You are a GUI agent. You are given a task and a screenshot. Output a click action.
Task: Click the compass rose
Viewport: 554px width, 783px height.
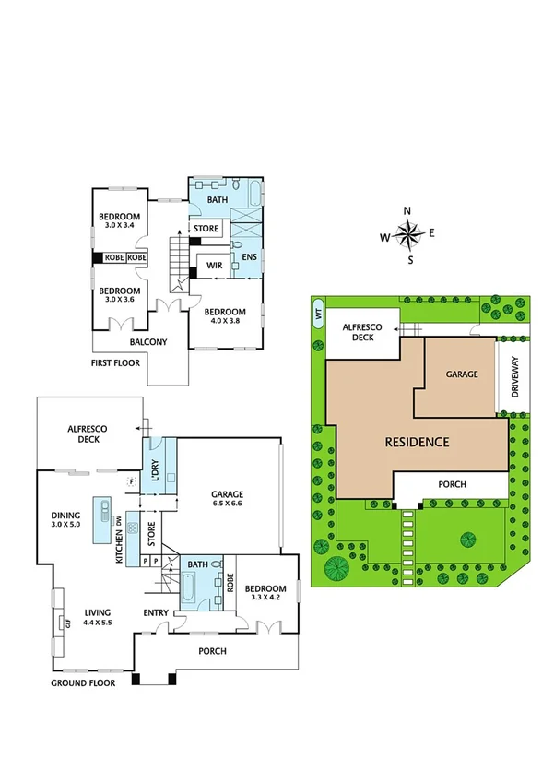tap(408, 234)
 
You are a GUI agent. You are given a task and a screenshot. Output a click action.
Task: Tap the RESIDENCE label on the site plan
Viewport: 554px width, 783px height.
tap(417, 442)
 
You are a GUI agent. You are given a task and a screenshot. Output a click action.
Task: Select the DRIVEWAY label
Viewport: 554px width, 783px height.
tap(515, 374)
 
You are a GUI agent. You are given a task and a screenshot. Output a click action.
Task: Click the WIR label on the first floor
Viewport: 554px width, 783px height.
tap(213, 265)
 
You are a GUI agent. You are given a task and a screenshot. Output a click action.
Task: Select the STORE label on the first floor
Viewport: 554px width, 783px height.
tap(206, 228)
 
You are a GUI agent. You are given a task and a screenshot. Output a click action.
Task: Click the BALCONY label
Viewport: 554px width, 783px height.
tap(148, 342)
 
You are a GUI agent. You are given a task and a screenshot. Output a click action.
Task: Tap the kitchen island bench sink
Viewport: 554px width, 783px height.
tap(101, 507)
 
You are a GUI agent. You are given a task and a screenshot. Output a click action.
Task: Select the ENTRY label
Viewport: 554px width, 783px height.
tap(155, 612)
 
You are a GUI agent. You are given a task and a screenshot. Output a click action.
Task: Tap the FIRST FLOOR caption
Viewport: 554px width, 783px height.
tap(115, 363)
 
